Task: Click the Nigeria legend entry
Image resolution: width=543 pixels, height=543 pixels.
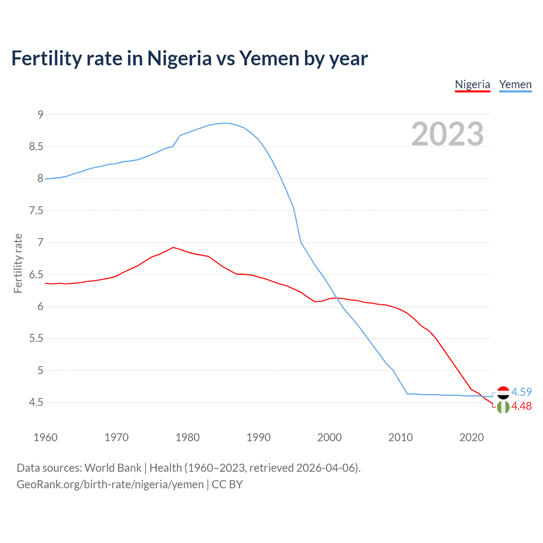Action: click(472, 84)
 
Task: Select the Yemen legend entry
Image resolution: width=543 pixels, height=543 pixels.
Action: click(515, 84)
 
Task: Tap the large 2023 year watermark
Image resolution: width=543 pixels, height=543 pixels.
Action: click(447, 134)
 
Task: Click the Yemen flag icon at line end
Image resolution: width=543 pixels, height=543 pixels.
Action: click(503, 392)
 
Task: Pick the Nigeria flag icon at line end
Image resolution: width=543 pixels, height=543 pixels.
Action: click(503, 407)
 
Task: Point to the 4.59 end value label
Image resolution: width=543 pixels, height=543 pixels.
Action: click(521, 392)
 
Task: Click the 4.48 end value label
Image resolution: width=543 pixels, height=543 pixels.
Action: click(521, 406)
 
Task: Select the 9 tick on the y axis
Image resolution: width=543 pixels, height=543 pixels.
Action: click(40, 115)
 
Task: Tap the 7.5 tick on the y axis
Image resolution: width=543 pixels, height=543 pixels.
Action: click(36, 211)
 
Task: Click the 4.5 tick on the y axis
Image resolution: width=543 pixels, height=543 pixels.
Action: click(36, 403)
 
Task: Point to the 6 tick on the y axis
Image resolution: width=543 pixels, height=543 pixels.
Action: click(40, 307)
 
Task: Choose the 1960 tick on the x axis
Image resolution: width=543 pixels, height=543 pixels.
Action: click(45, 437)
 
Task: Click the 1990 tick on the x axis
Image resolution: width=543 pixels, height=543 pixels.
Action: click(258, 437)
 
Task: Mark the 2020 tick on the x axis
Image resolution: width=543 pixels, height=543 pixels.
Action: click(471, 437)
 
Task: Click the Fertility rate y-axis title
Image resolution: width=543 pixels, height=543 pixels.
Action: click(18, 263)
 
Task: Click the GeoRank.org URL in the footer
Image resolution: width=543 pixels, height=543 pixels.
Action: click(110, 484)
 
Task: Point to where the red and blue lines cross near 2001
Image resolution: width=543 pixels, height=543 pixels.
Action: click(336, 298)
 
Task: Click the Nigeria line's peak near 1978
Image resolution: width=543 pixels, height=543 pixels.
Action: click(173, 247)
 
